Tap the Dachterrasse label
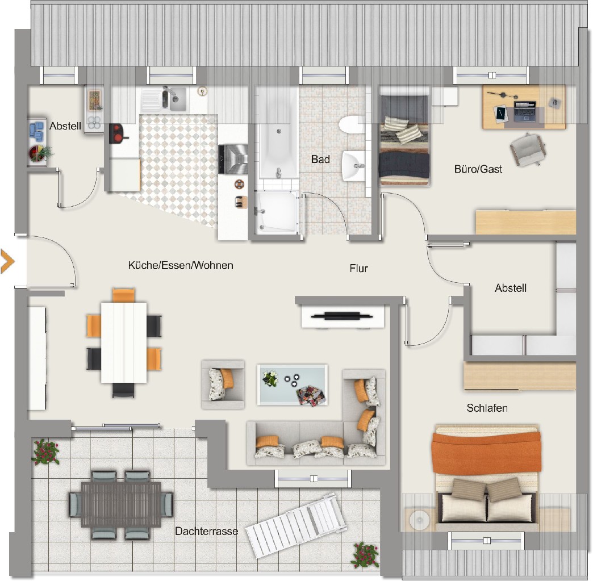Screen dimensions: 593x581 pyautogui.click(x=207, y=531)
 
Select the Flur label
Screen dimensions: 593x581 pyautogui.click(x=358, y=268)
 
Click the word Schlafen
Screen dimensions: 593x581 pyautogui.click(x=487, y=408)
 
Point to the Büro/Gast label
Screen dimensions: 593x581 pyautogui.click(x=478, y=169)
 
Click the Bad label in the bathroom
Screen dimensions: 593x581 pyautogui.click(x=320, y=159)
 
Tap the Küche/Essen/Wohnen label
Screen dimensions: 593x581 pyautogui.click(x=181, y=265)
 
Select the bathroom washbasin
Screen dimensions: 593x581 pyautogui.click(x=354, y=166)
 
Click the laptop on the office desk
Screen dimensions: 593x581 pyautogui.click(x=525, y=111)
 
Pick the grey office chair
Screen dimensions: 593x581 pyautogui.click(x=528, y=149)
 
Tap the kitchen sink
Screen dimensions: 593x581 pyautogui.click(x=174, y=99)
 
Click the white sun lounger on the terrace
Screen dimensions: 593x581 pyautogui.click(x=296, y=525)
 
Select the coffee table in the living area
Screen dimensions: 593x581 pyautogui.click(x=293, y=384)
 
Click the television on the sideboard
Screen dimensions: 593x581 pyautogui.click(x=342, y=315)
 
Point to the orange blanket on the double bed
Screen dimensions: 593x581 pyautogui.click(x=486, y=453)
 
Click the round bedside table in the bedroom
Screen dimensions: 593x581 pyautogui.click(x=419, y=520)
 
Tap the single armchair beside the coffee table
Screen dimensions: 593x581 pyautogui.click(x=223, y=384)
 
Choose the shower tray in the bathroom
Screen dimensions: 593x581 pyautogui.click(x=276, y=212)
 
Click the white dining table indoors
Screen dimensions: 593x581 pyautogui.click(x=124, y=342)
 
